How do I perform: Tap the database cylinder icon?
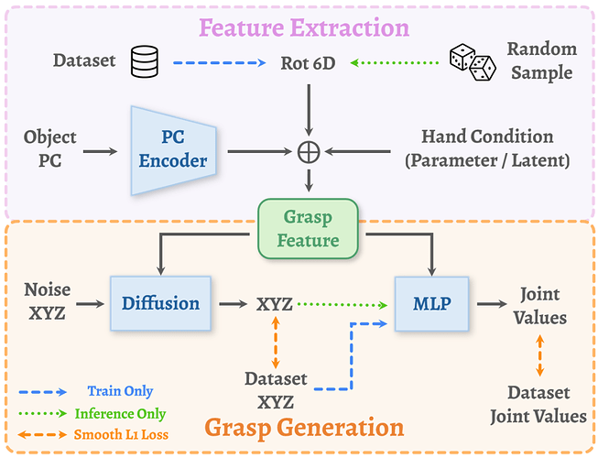(143, 61)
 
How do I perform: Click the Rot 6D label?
(312, 62)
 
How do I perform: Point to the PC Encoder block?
(173, 150)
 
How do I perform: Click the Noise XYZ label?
(47, 302)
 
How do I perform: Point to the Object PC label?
(51, 149)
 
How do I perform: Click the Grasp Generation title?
(304, 427)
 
